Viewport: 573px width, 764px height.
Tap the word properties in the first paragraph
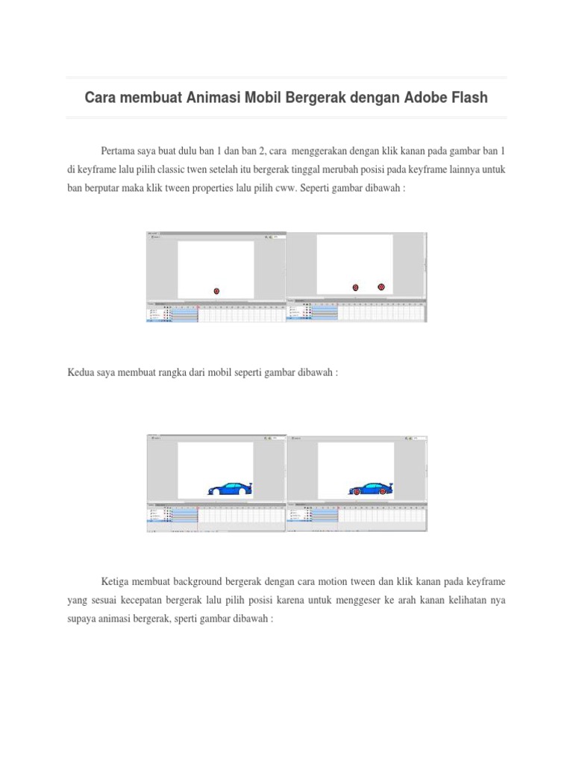tap(230, 188)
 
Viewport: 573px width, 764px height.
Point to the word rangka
tap(197, 371)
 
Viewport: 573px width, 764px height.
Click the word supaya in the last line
tap(81, 618)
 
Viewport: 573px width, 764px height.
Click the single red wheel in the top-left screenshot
tap(216, 291)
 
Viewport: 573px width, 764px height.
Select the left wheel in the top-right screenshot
tap(356, 287)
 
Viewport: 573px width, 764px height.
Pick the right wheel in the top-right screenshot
tap(381, 286)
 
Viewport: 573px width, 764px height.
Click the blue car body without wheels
tap(231, 489)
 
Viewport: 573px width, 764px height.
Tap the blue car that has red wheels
tap(371, 489)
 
